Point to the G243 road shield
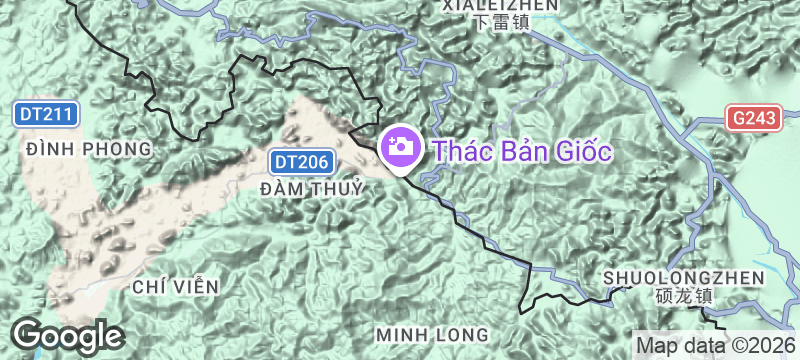click(753, 118)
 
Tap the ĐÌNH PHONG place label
click(90, 149)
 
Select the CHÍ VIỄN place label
click(174, 287)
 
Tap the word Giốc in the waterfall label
click(582, 151)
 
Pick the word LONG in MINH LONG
click(463, 332)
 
